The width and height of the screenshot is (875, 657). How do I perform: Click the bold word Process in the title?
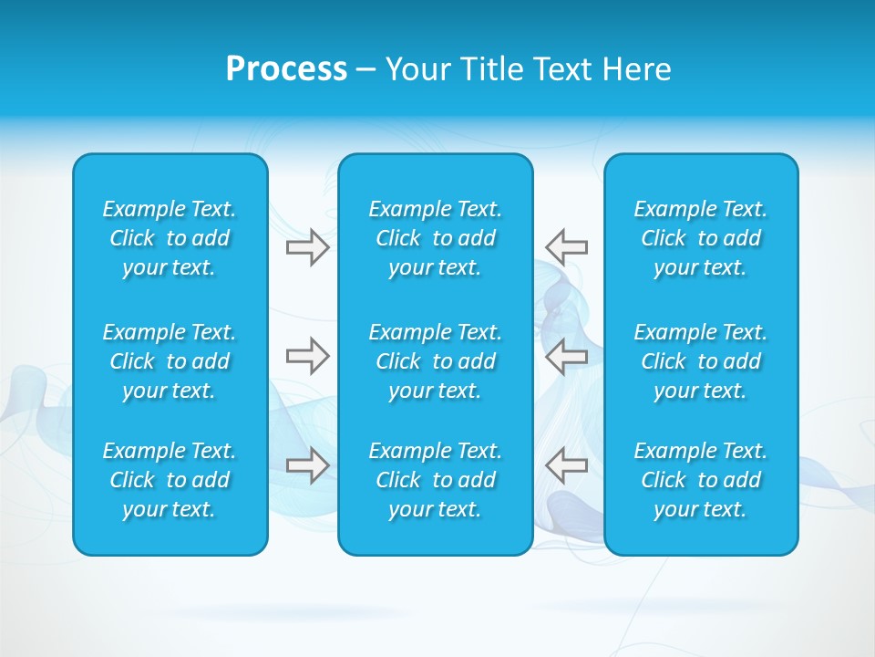coord(286,69)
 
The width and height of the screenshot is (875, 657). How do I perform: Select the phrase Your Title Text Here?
coord(528,69)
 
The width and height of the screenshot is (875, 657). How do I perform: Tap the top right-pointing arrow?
coord(307,247)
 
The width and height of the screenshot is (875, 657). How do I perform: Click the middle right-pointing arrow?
coord(307,356)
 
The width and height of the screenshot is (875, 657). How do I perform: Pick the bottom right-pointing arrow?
coord(307,465)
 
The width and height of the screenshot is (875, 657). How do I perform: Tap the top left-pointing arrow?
coord(566,247)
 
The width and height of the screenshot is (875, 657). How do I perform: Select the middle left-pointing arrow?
coord(566,356)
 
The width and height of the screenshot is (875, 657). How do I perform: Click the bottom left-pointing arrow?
coord(566,465)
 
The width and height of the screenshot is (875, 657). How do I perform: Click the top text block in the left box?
coord(170,238)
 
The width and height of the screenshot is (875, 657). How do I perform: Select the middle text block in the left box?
coord(170,361)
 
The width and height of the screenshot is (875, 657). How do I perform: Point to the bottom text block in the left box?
coord(170,480)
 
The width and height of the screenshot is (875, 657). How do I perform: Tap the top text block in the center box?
coord(436,238)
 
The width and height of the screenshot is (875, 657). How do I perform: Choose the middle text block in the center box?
coord(436,361)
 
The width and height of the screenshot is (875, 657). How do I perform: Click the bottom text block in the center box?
coord(436,480)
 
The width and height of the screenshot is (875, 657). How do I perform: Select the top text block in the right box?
coord(701,238)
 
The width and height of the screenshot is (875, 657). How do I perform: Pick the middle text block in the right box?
coord(701,361)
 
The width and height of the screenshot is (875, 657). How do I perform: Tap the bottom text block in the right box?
coord(701,480)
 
